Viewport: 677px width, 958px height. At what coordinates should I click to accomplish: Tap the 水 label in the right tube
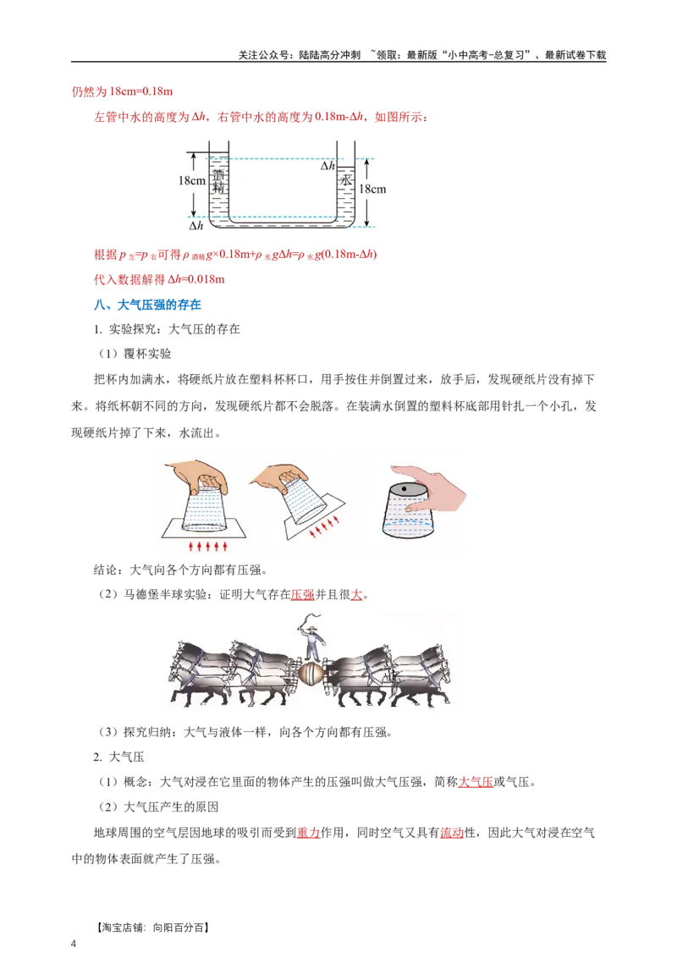tap(345, 182)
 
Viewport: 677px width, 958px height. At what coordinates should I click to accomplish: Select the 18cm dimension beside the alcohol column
tap(192, 180)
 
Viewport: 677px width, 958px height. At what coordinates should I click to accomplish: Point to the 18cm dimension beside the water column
tap(372, 189)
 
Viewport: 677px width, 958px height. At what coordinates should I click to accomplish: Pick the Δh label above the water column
tap(327, 166)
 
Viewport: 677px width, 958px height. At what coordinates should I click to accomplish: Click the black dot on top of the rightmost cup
tap(405, 490)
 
